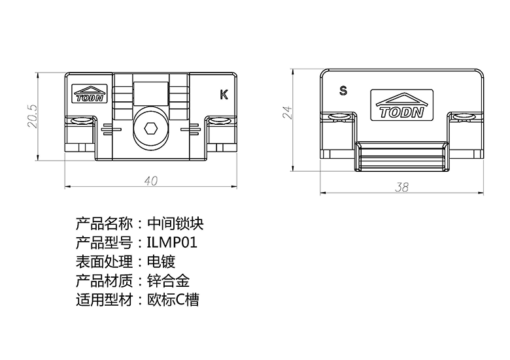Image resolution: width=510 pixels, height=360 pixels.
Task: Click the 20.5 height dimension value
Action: click(33, 116)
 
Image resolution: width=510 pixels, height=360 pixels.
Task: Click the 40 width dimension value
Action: click(151, 181)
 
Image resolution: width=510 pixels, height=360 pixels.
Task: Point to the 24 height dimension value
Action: click(288, 112)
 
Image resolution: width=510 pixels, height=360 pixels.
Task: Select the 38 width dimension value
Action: click(401, 187)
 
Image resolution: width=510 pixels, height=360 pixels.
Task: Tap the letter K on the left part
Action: click(224, 95)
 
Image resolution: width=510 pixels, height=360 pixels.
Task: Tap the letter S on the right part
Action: click(343, 91)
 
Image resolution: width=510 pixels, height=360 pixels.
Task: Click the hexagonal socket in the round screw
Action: click(150, 128)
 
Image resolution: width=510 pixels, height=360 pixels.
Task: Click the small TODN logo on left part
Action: click(89, 94)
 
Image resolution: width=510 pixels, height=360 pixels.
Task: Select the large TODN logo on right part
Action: click(401, 105)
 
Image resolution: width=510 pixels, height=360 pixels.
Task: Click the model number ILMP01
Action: click(172, 242)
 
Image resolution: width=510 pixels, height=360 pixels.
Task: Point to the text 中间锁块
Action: click(175, 223)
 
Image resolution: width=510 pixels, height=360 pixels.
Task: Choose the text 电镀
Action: click(161, 261)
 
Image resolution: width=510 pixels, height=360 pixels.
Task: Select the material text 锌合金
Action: click(169, 281)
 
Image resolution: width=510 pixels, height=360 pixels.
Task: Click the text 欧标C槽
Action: click(173, 300)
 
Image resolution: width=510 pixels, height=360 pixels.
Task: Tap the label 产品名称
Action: click(104, 223)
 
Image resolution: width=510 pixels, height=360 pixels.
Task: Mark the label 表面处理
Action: click(104, 261)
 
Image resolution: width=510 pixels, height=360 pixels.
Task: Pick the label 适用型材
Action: click(104, 300)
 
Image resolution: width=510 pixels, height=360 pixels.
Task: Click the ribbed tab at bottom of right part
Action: click(401, 157)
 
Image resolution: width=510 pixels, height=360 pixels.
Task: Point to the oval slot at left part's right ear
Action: click(219, 121)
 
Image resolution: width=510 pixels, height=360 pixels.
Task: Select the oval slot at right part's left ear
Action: click(338, 117)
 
